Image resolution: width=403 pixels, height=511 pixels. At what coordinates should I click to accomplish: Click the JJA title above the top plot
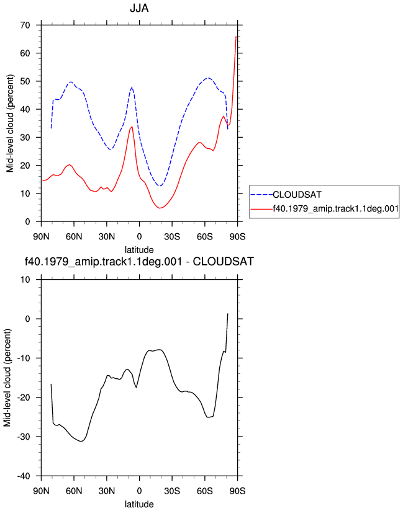139,8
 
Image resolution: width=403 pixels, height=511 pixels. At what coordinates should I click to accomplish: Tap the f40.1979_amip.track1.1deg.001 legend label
336,208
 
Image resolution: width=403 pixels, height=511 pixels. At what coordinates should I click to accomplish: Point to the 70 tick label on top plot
25,25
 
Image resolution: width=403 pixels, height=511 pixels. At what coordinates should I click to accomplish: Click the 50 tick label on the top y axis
25,81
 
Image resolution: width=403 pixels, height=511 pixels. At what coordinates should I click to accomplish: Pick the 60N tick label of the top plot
74,237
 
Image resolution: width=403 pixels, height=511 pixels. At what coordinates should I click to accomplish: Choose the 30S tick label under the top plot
172,237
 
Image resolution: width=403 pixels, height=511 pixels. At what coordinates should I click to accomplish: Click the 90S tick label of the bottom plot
238,491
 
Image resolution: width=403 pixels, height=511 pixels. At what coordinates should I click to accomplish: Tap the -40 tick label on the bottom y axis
24,476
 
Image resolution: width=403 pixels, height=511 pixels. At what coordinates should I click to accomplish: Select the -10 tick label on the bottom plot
24,358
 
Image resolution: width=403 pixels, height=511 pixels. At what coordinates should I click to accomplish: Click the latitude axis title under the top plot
139,250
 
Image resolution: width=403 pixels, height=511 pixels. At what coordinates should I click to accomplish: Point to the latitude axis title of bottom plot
139,504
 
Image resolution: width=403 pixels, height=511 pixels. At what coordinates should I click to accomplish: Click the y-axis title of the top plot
10,123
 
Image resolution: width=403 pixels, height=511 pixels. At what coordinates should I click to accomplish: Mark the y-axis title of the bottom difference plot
7,378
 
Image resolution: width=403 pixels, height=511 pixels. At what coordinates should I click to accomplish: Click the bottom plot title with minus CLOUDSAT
139,261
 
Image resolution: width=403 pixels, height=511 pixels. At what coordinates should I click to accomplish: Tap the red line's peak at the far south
236,36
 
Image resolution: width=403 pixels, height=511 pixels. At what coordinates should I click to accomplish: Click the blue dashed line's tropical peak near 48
132,87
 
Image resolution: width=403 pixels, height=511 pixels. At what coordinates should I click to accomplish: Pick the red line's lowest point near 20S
160,208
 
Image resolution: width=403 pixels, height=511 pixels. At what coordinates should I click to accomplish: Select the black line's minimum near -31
81,442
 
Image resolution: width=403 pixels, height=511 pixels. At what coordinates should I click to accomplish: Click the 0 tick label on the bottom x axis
139,491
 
